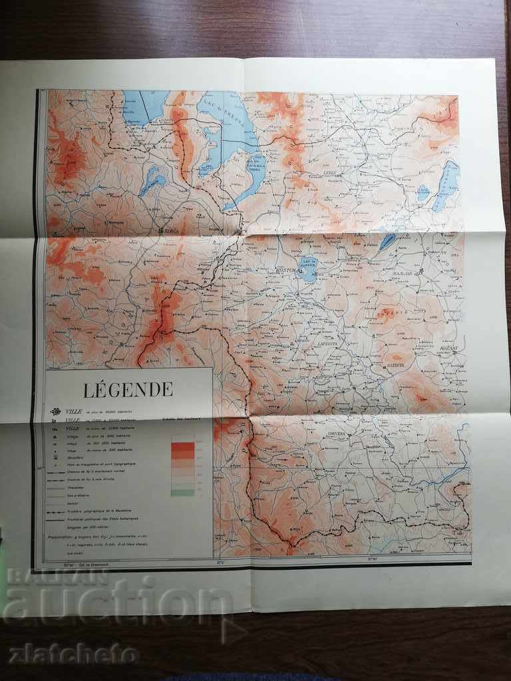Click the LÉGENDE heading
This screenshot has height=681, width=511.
(x=128, y=390)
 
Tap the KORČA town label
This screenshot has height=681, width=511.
(x=172, y=231)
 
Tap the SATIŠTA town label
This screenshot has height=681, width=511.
(x=396, y=365)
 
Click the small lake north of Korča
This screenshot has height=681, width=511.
(x=153, y=180)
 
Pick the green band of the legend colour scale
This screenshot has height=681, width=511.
(x=182, y=491)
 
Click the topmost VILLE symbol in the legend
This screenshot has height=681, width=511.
(x=56, y=411)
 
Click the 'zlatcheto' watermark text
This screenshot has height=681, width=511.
(x=73, y=653)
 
